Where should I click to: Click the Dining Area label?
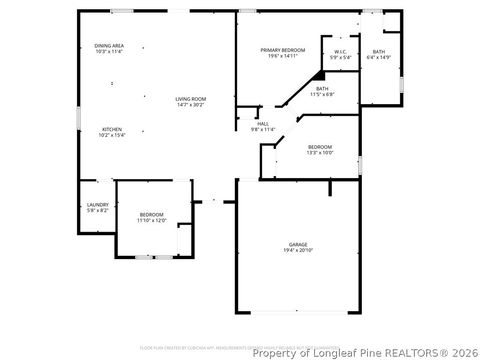coord(109,46)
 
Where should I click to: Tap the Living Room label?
coord(190,98)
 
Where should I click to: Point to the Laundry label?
coord(97,205)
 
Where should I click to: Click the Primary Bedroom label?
coord(283,50)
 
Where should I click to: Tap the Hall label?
coord(262,123)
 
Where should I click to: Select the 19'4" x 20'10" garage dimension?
coord(297,250)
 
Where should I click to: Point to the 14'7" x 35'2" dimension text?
coord(190,104)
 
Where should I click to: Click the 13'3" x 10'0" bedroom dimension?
coord(319,153)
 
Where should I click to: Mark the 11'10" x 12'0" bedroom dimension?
coord(151,221)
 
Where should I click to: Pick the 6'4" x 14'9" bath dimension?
coord(378,57)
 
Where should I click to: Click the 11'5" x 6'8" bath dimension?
coord(322,95)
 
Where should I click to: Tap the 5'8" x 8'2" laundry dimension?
coord(97,211)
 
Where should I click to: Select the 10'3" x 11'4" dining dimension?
coord(109,52)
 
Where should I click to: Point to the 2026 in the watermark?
coord(463,352)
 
